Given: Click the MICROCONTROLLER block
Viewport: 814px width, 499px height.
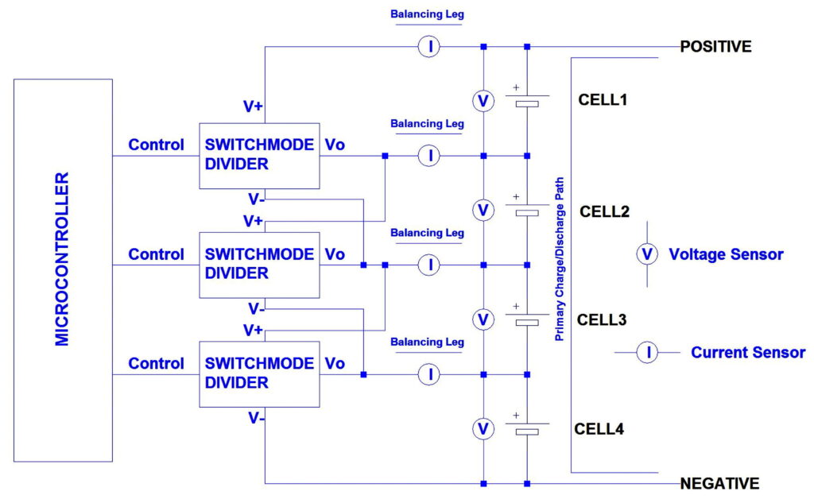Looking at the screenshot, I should (63, 269).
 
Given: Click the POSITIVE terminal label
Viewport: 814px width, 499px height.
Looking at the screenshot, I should (715, 47).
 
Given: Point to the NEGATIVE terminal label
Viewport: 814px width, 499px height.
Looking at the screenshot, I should (719, 483).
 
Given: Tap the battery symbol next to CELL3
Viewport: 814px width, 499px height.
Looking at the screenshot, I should (527, 319).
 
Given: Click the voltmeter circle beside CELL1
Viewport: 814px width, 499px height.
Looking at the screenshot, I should (483, 101).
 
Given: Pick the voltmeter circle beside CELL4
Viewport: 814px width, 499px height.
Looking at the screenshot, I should (483, 429).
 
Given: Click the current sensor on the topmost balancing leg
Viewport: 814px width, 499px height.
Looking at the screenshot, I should (429, 47).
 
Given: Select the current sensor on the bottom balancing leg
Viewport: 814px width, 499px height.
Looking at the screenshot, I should (429, 374).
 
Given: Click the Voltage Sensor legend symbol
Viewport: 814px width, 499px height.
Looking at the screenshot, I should (647, 254).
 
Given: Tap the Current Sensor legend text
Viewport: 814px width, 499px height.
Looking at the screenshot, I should (747, 352).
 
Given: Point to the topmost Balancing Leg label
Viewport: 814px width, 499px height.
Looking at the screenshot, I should (427, 14).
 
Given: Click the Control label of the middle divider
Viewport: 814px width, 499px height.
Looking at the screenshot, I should (157, 254).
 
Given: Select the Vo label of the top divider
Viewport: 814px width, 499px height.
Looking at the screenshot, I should (335, 145).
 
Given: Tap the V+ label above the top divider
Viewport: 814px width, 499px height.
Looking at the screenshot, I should (253, 106).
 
